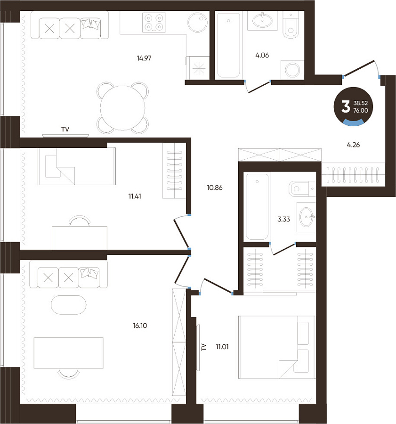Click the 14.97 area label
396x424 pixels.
(144, 58)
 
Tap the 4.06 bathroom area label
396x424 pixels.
(262, 55)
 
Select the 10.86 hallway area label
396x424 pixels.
(215, 188)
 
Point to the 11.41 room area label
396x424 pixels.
(135, 196)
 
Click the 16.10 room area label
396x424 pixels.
(140, 326)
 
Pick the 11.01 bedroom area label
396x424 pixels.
(222, 347)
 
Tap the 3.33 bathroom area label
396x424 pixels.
(283, 219)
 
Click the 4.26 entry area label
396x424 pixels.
(353, 145)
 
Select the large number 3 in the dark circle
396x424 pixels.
(346, 106)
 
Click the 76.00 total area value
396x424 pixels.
(361, 110)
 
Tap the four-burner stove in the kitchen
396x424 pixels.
(154, 23)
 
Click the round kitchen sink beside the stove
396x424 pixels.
(198, 22)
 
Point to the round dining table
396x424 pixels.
(122, 108)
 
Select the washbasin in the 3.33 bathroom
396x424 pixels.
(307, 217)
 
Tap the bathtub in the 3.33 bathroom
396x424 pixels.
(257, 207)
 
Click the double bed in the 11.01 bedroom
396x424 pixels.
(277, 347)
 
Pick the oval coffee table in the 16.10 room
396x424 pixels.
(69, 305)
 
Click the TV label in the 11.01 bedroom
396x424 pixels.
(204, 347)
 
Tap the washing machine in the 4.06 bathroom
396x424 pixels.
(292, 70)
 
